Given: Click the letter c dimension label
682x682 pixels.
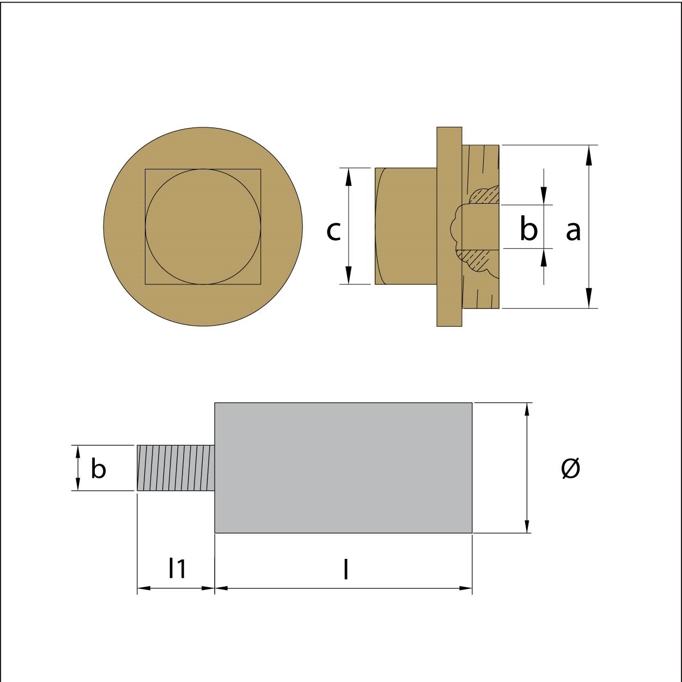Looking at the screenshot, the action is point(333,231).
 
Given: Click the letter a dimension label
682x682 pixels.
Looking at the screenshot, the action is point(574,231).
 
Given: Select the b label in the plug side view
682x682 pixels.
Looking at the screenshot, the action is point(529,228).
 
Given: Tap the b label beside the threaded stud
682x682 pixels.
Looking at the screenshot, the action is point(98,468).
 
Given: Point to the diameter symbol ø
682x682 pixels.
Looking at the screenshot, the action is point(570,468).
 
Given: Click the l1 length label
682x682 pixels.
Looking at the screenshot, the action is point(177,568).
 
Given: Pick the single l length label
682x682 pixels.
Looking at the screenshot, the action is point(346,568).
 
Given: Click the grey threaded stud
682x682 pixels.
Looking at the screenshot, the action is point(176,468).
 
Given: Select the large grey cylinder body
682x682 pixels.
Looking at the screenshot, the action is point(343,467).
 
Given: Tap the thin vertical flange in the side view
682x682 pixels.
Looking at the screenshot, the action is point(449,227).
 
